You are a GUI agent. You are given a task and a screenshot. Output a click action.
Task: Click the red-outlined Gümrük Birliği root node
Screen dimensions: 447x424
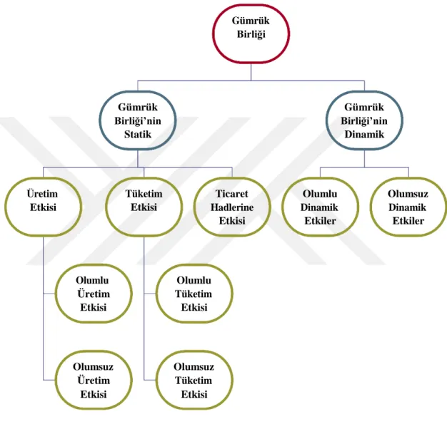[x=251, y=33]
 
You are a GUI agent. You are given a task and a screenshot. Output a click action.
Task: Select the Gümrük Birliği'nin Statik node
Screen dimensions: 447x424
[x=138, y=120]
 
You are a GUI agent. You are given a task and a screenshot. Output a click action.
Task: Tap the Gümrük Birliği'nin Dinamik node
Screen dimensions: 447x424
[x=364, y=120]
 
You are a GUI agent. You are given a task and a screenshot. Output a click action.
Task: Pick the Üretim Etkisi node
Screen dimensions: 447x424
[x=43, y=207]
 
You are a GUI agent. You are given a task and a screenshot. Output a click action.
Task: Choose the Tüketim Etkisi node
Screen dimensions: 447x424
[x=144, y=207]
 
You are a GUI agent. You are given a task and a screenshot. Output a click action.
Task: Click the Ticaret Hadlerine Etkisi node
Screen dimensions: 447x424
[x=232, y=207]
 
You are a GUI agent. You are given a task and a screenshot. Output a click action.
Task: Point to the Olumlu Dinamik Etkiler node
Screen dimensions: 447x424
[x=320, y=207]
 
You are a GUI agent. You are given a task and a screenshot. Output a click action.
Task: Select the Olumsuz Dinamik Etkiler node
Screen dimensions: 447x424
[x=408, y=207]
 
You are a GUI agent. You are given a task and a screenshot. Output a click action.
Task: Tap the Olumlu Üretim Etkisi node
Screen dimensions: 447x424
[x=94, y=294]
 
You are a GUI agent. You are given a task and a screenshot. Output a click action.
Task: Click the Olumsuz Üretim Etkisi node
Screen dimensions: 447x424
[x=94, y=380]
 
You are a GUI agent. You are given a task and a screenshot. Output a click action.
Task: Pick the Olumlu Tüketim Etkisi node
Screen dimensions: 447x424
[x=194, y=294]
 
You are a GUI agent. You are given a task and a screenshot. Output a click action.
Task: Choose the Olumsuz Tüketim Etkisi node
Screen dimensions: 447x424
[x=194, y=380]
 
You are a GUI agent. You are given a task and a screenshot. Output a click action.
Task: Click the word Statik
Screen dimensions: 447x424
[x=138, y=134]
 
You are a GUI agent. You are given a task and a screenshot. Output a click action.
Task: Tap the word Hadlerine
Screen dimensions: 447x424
[x=232, y=207]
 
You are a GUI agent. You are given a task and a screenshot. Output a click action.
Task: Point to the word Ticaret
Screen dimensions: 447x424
[x=232, y=194]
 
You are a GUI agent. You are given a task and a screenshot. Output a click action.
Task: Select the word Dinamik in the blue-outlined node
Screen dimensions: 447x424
[x=364, y=134]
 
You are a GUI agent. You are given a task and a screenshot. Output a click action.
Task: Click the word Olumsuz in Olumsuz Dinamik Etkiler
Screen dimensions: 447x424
[x=408, y=194]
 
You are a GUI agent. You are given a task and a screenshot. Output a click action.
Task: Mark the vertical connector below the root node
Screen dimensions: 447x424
[x=251, y=72]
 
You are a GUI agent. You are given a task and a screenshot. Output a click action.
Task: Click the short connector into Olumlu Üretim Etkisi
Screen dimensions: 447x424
[x=49, y=294]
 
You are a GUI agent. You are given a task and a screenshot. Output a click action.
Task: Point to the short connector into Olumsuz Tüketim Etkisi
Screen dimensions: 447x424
[x=150, y=380]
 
